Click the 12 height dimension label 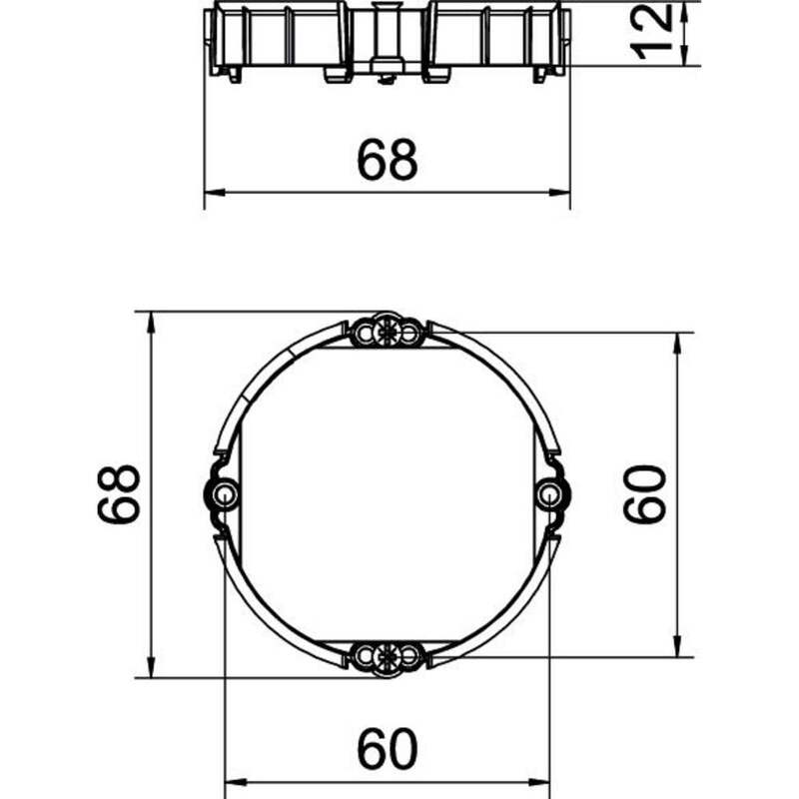coord(651,33)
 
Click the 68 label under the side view coord(388,160)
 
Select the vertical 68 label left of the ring coord(118,493)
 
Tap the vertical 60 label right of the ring coord(644,493)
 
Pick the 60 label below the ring coord(388,748)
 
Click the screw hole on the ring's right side coord(548,493)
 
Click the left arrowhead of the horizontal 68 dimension coord(215,193)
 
